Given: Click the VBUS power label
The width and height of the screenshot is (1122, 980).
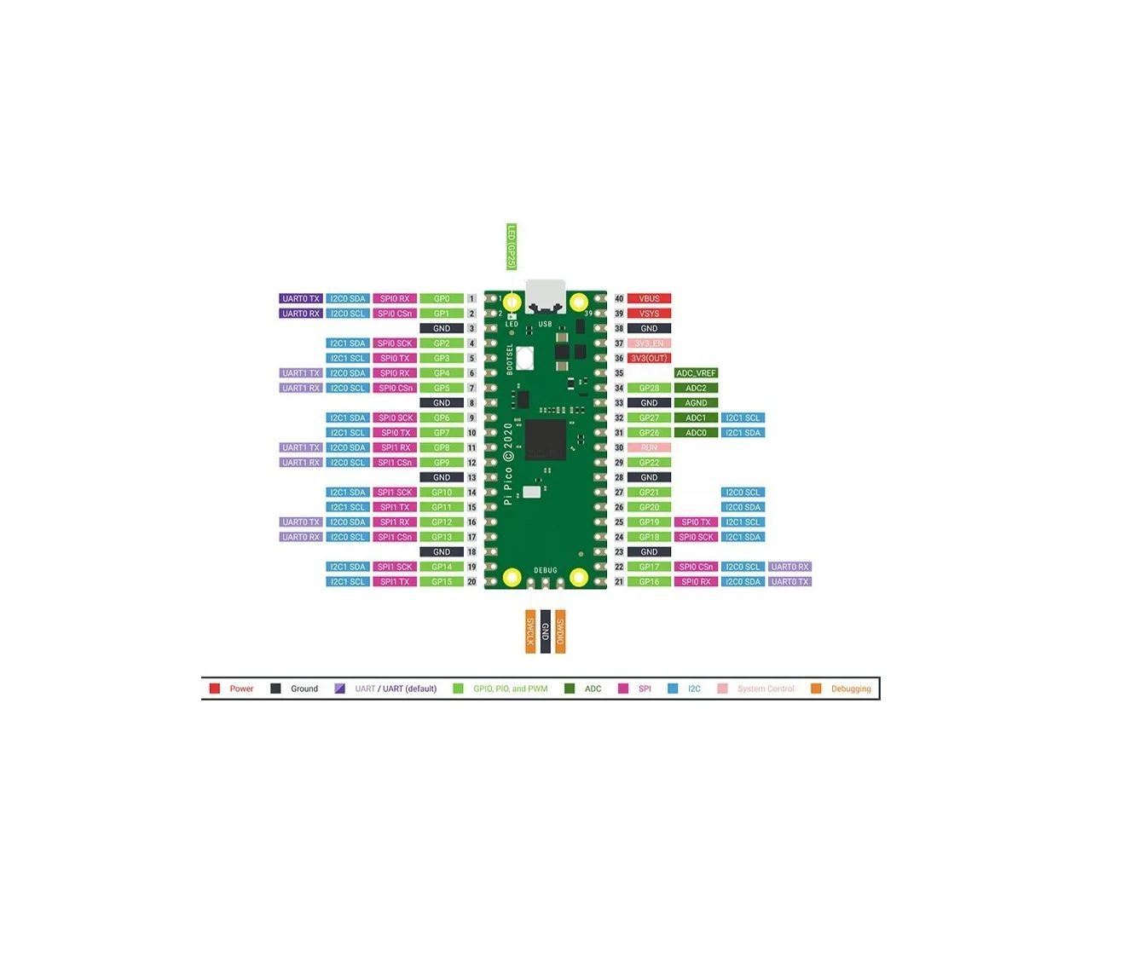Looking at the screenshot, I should [649, 299].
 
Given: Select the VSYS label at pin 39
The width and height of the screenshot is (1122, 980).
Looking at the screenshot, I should [649, 314].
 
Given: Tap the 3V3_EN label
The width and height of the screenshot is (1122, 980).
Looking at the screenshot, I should [649, 343].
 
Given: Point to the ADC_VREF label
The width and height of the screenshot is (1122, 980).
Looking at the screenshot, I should [696, 373].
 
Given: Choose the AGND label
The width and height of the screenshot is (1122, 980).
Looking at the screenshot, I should [696, 403].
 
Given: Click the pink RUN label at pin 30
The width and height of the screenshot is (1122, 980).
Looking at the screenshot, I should [649, 447].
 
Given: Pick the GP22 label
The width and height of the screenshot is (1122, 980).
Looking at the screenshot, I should [649, 463].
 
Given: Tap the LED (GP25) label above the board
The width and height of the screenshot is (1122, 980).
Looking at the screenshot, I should [512, 247].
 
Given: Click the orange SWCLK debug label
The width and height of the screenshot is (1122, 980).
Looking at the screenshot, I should [530, 631].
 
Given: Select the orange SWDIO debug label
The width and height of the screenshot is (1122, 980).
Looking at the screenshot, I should [560, 631].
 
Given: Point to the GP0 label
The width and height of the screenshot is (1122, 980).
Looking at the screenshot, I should [442, 299].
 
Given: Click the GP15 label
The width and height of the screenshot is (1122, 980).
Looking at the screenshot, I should [442, 582].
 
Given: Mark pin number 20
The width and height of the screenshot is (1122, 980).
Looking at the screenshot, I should [471, 582].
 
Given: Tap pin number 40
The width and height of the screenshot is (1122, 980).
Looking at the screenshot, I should [619, 299].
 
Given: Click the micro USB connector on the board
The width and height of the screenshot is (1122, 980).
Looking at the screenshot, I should [545, 296].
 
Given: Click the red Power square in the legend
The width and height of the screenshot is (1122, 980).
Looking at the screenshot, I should [215, 689].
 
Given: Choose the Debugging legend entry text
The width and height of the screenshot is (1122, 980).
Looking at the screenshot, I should [851, 689].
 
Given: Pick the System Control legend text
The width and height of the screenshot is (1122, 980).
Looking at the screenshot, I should [766, 689].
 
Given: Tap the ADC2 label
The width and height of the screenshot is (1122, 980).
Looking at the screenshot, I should [696, 389].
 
